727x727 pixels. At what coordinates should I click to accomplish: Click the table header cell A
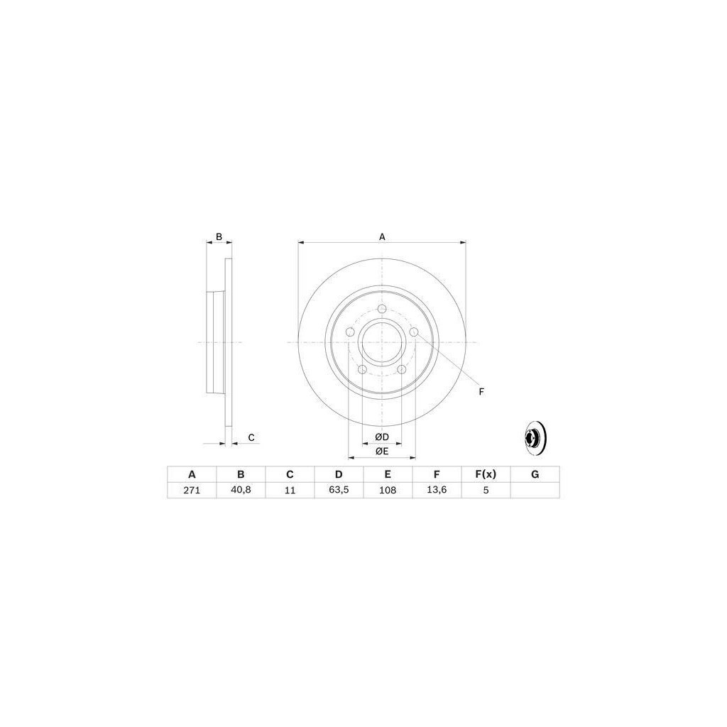[192, 474]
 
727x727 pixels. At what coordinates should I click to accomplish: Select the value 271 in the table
[192, 490]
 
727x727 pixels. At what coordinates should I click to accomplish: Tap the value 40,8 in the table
[241, 490]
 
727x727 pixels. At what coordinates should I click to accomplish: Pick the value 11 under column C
[290, 490]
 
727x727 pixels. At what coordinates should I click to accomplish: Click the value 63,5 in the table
[339, 490]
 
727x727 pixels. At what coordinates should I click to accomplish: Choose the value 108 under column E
[388, 490]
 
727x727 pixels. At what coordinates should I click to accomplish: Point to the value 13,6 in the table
[437, 490]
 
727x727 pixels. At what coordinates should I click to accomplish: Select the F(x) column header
[486, 474]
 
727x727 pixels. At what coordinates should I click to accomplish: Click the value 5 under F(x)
[486, 490]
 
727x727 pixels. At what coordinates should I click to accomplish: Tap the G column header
[535, 474]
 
